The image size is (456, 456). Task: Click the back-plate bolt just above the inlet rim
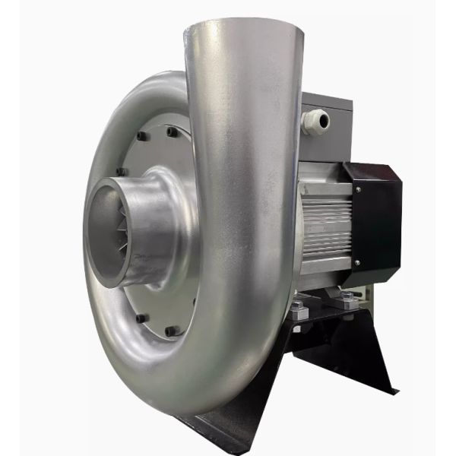coord(120,172)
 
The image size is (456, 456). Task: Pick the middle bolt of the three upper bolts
coord(141,137)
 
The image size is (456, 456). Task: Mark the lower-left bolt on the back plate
coord(141,318)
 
